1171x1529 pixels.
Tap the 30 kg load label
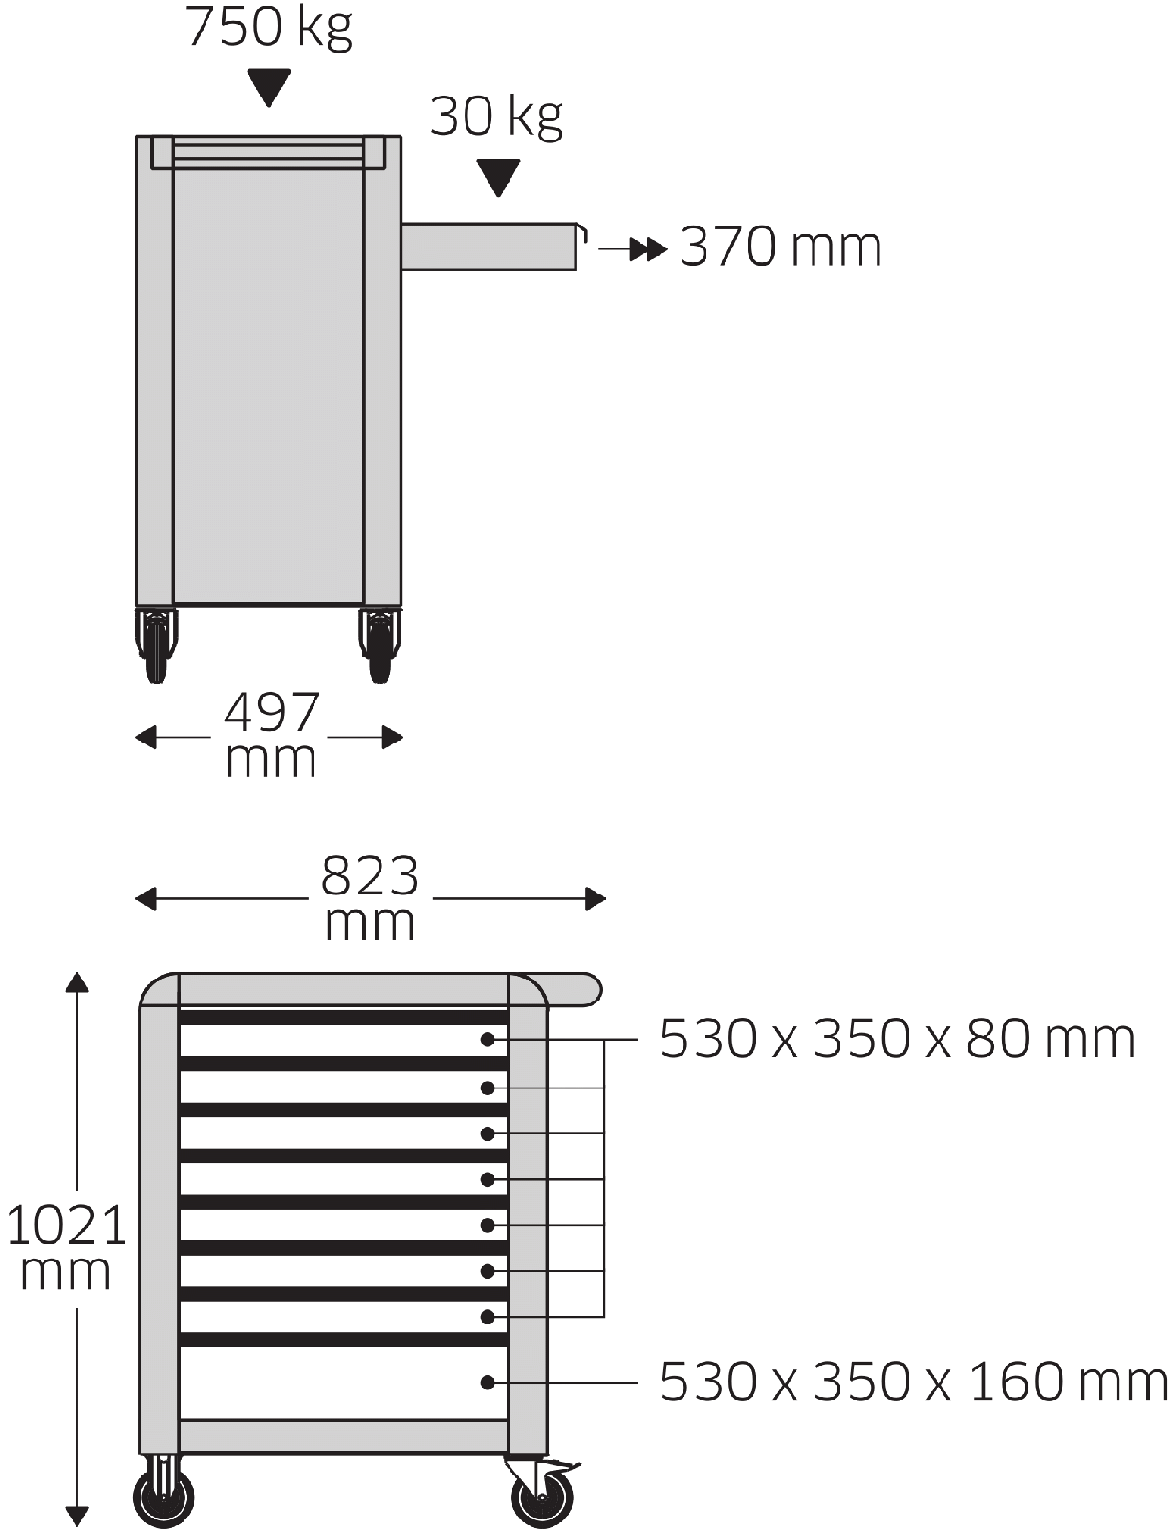point(496,118)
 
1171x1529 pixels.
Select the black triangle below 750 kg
point(269,87)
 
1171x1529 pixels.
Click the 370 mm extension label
point(780,247)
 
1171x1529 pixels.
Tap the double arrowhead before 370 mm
point(648,249)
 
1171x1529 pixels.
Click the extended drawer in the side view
point(491,247)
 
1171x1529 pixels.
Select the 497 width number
point(271,714)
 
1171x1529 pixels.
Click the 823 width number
point(369,876)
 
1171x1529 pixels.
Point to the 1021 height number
point(66,1225)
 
